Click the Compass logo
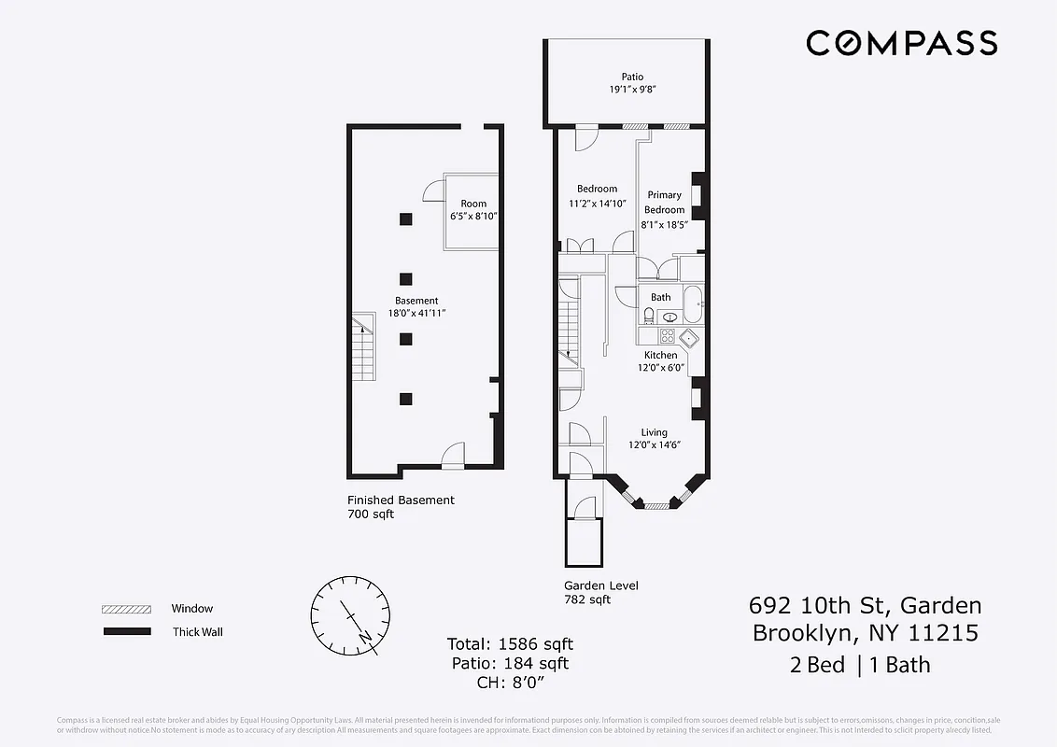[901, 43]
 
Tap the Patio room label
[632, 78]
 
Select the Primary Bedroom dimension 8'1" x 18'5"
[664, 225]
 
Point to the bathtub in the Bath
[692, 303]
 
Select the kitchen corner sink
[689, 337]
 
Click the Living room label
[654, 432]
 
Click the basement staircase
[363, 346]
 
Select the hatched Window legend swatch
[126, 609]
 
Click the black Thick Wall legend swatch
[126, 632]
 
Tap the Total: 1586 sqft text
[510, 644]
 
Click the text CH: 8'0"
[510, 683]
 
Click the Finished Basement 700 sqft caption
[401, 507]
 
